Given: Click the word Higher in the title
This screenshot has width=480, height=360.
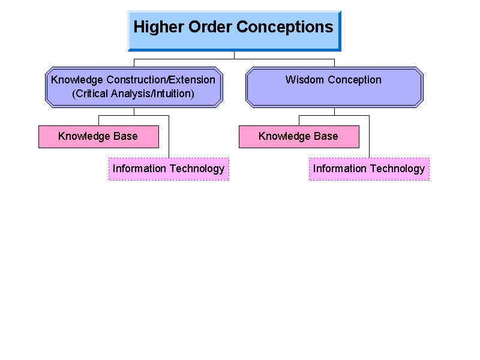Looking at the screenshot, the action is [x=158, y=28].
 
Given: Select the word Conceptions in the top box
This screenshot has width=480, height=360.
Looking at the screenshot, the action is [x=284, y=28].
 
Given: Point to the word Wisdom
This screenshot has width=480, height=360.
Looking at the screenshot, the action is [x=304, y=80].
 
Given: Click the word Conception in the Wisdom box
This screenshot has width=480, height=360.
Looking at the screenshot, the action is [x=355, y=80].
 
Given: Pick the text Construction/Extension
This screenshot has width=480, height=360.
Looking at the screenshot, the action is [x=161, y=80].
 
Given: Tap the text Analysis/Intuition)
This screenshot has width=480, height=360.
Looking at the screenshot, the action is [x=152, y=94].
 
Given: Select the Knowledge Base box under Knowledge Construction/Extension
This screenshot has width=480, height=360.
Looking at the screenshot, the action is [x=98, y=137].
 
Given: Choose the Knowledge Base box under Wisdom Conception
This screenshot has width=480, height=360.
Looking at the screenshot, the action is [x=299, y=137].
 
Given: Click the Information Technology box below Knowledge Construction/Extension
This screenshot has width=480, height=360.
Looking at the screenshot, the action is [x=169, y=169].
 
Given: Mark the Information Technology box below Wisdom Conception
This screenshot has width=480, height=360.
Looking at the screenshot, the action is [x=369, y=169].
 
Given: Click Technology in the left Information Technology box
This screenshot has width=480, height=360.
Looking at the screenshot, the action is [x=197, y=169].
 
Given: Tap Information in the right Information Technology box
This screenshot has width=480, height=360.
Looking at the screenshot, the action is [x=340, y=169].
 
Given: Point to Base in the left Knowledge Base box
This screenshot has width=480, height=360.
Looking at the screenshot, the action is [x=125, y=136].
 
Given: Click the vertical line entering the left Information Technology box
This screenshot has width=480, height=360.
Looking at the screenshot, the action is [x=169, y=137].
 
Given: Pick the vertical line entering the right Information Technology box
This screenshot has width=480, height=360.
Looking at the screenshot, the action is [x=369, y=137].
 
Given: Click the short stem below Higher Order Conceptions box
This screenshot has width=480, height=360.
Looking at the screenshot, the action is [x=234, y=55].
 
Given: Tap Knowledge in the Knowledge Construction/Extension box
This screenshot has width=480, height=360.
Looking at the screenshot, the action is [x=77, y=80].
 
